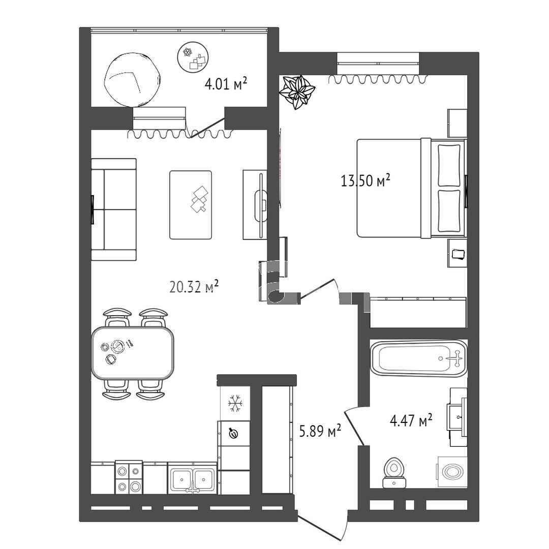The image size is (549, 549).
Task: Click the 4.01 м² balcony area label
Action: [226, 84]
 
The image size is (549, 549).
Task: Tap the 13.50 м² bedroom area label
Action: [365, 180]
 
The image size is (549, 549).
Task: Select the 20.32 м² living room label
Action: [194, 286]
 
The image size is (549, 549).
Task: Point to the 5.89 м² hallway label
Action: [320, 431]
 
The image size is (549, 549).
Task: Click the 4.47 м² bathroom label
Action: [411, 420]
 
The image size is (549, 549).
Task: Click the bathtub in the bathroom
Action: [418, 358]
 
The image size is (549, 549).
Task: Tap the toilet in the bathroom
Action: [394, 472]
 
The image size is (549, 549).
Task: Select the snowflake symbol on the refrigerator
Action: [235, 403]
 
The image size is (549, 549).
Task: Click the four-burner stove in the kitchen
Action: [129, 477]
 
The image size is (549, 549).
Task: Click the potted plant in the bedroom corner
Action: [297, 92]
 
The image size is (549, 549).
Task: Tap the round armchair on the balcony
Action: [133, 80]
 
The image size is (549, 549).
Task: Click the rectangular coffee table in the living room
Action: [191, 205]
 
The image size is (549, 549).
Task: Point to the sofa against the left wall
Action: [114, 209]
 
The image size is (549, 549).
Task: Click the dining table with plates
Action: [133, 353]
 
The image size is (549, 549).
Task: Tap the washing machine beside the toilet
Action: [452, 472]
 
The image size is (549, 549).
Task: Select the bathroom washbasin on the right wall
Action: [457, 417]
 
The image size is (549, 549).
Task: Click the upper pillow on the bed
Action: [449, 165]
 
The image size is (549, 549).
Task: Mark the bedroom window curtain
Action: [378, 79]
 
